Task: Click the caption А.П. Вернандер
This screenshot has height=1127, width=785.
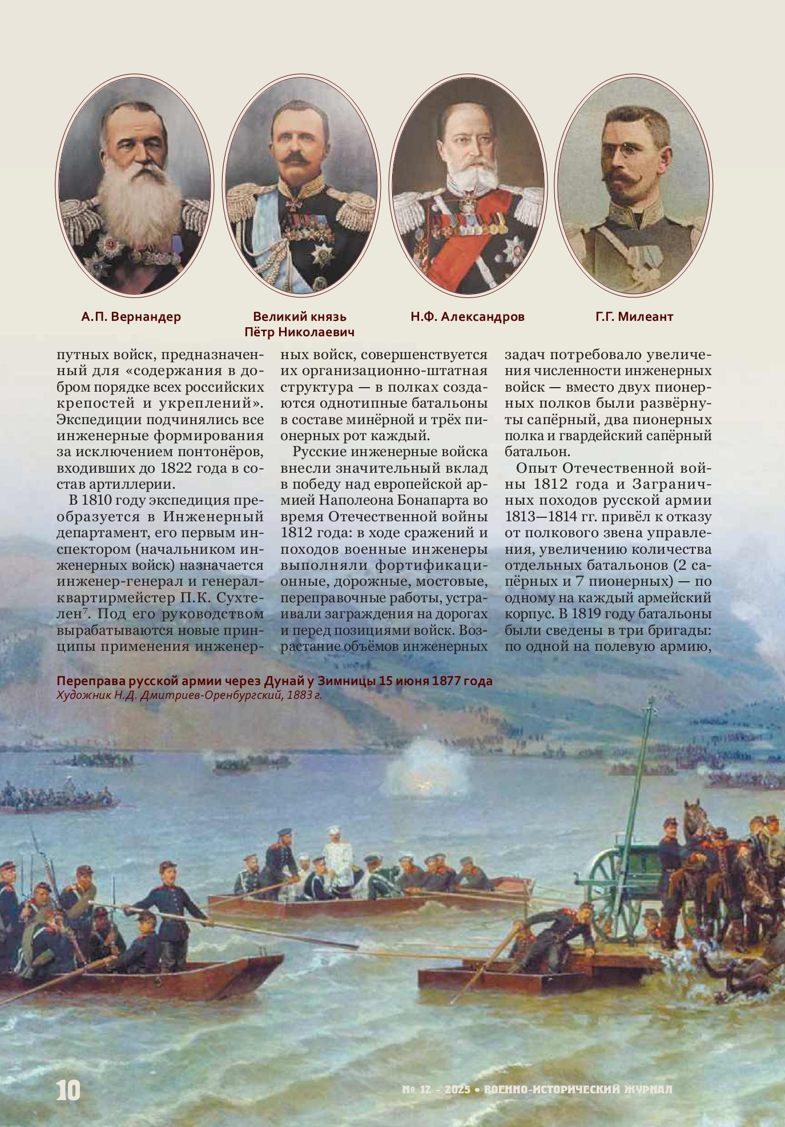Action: point(131,317)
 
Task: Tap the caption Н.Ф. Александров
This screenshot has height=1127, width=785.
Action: point(467,317)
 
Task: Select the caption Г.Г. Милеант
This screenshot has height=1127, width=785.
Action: point(634,317)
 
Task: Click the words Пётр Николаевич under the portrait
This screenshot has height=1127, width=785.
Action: point(299,332)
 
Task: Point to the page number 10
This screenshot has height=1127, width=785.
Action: point(68,1090)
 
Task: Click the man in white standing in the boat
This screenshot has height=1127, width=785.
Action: point(338,856)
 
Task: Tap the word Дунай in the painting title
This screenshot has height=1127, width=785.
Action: point(281,681)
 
